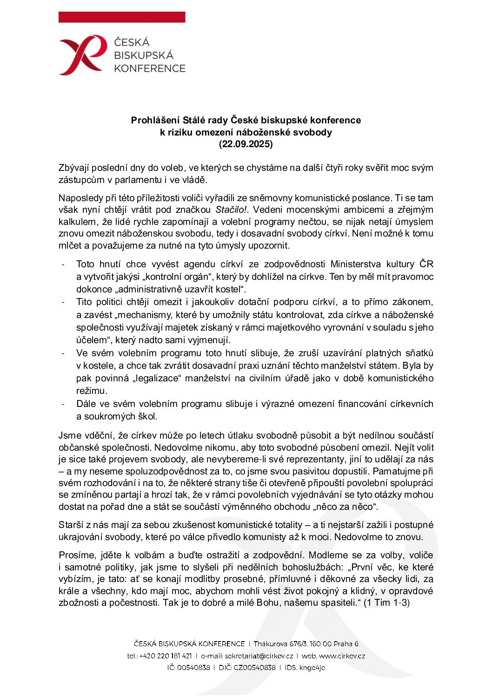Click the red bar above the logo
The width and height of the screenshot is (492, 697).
[x=122, y=17]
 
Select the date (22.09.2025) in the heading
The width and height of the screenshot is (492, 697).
[x=246, y=144]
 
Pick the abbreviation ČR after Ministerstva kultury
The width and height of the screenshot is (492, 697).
[x=426, y=264]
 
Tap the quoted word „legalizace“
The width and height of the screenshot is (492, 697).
[x=156, y=379]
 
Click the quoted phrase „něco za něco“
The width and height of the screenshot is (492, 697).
[x=346, y=507]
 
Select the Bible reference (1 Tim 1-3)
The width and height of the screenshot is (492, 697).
[x=386, y=603]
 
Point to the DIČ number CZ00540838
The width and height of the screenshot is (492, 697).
[x=254, y=668]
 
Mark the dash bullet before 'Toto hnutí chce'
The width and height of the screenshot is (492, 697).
[x=63, y=265]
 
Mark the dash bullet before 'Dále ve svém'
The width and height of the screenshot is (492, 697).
[x=63, y=404]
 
